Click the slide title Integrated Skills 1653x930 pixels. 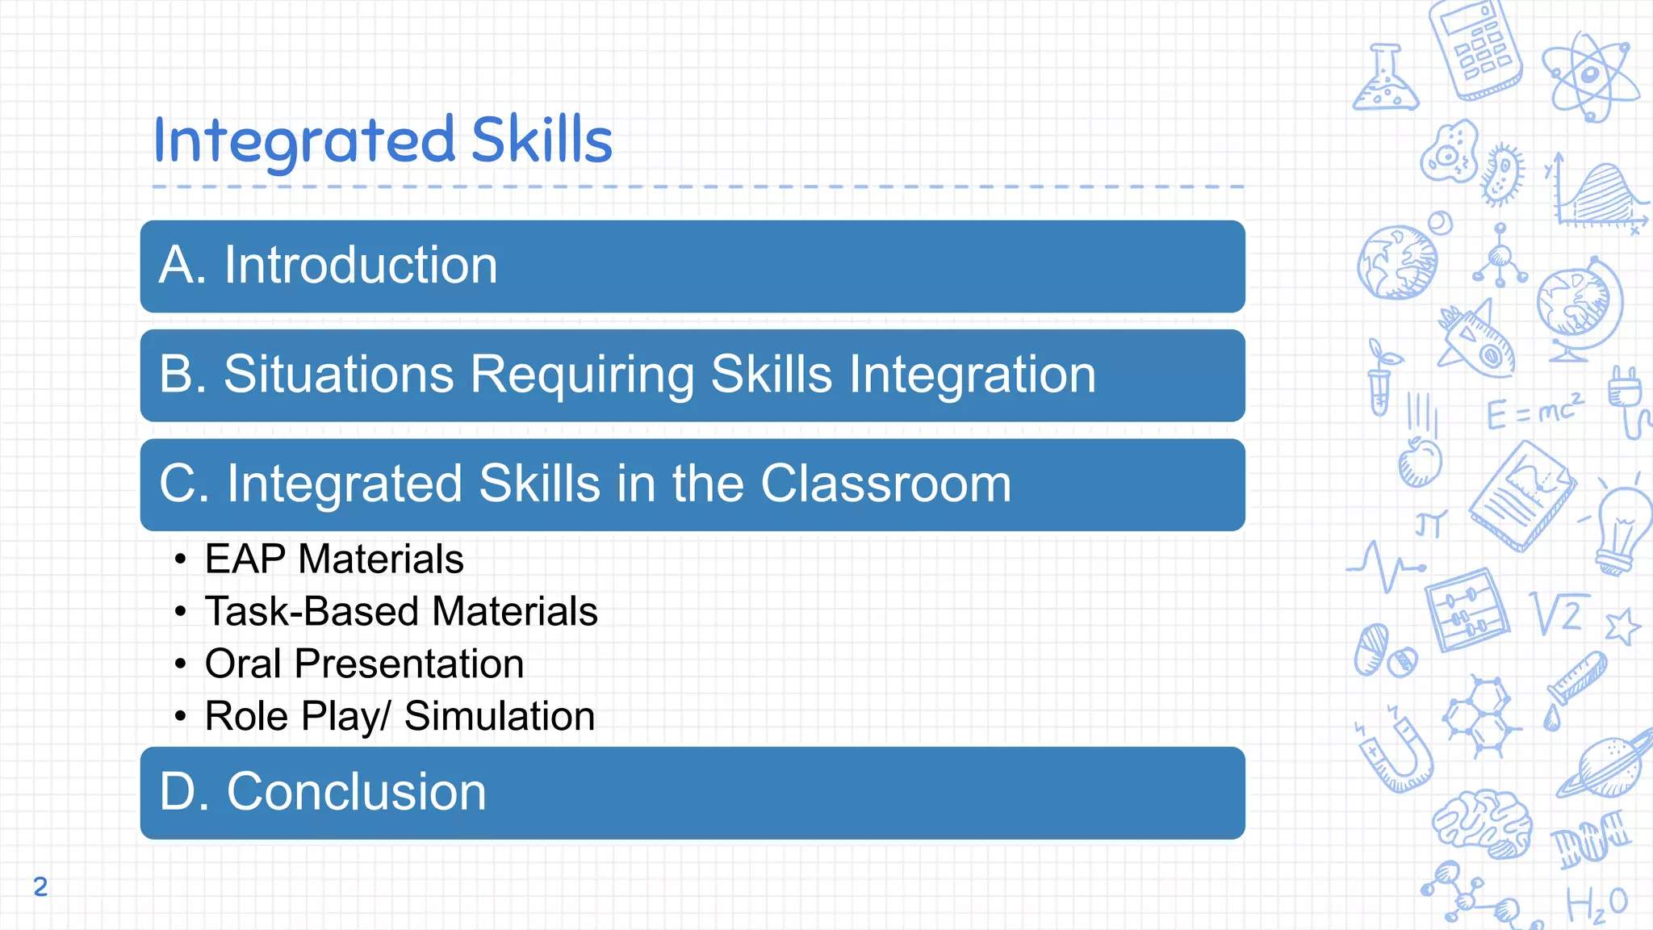click(383, 140)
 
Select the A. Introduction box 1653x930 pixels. click(692, 266)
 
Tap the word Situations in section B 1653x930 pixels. click(339, 375)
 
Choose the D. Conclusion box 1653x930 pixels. click(692, 793)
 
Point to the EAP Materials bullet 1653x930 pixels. click(333, 559)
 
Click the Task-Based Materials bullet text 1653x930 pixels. click(400, 611)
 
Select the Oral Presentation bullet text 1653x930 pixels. click(364, 664)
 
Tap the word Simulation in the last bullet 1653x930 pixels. click(499, 716)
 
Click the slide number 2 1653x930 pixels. click(40, 886)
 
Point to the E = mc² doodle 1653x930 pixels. click(1534, 412)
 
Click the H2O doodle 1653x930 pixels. click(1597, 904)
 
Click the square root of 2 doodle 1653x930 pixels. click(1559, 614)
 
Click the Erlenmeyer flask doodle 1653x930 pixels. click(1385, 81)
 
